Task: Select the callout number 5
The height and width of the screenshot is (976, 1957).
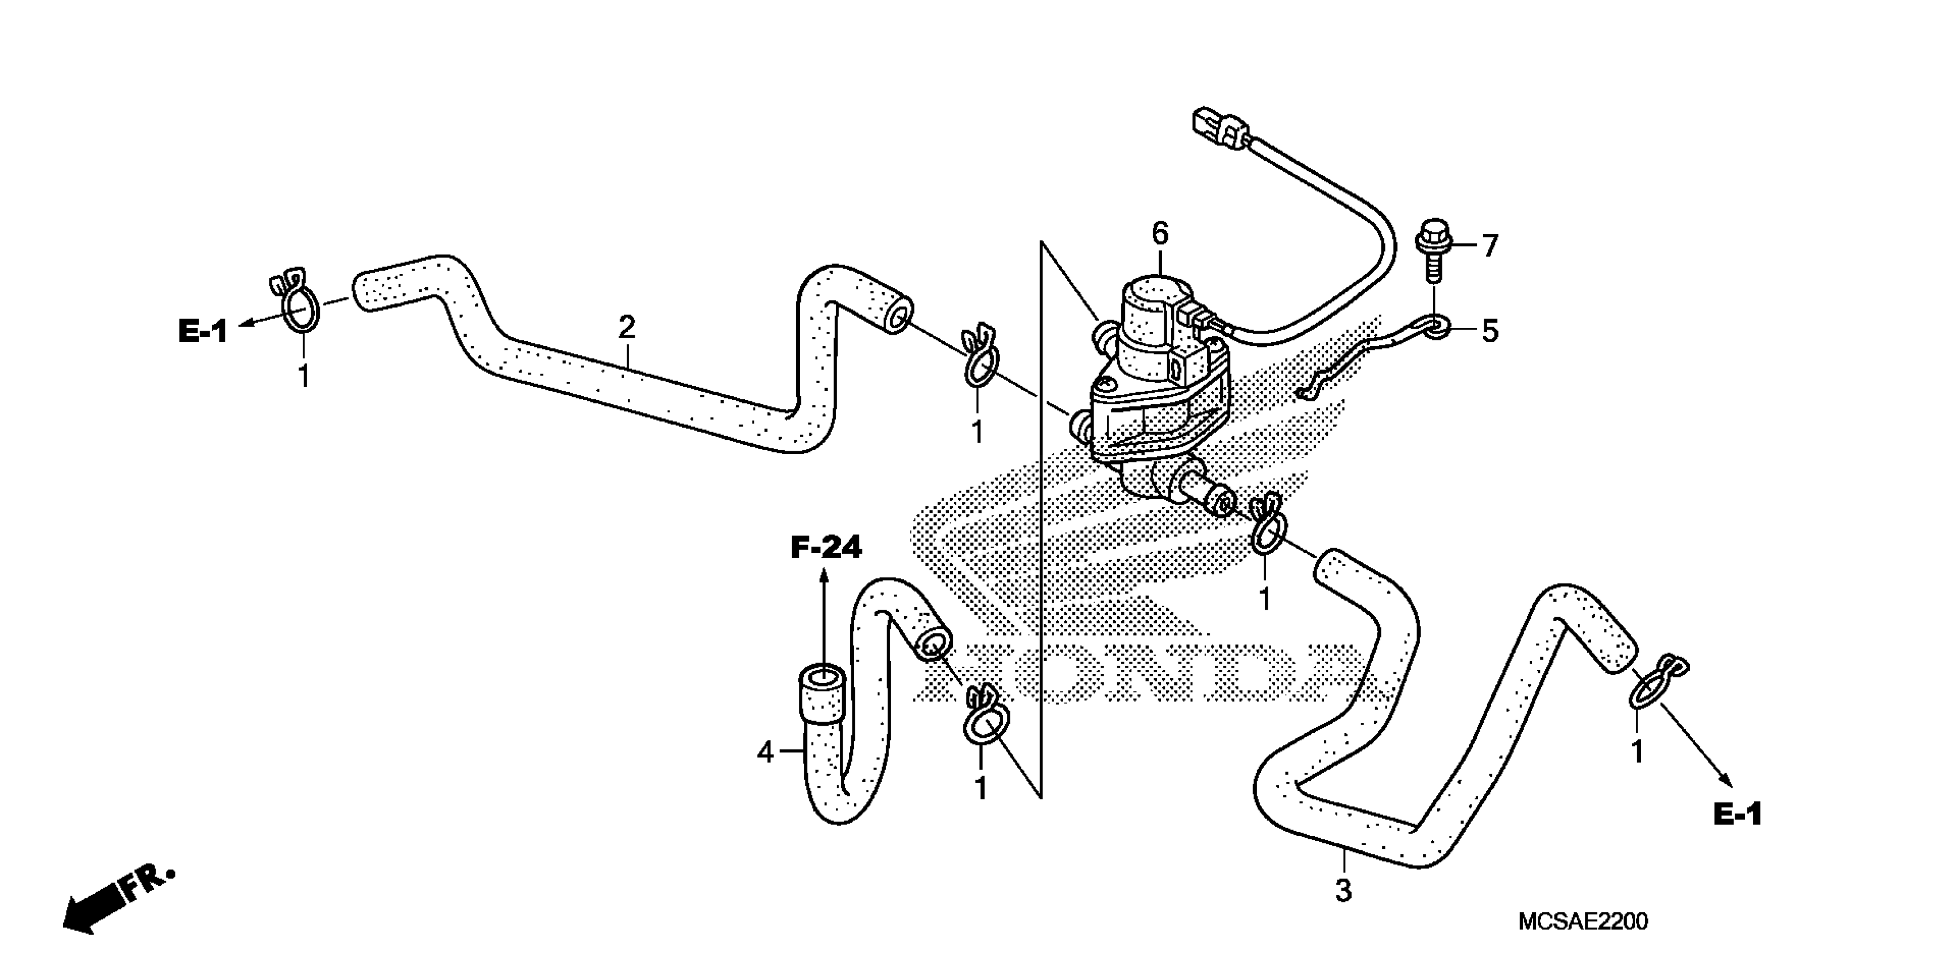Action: pyautogui.click(x=1490, y=331)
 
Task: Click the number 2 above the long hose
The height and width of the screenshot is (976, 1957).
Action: pyautogui.click(x=626, y=327)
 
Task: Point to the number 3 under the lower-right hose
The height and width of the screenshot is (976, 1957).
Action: pyautogui.click(x=1343, y=891)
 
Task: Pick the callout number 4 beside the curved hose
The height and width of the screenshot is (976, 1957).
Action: pyautogui.click(x=765, y=752)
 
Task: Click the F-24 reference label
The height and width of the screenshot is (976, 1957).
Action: pyautogui.click(x=826, y=547)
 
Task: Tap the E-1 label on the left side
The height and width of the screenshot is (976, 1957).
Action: pyautogui.click(x=202, y=331)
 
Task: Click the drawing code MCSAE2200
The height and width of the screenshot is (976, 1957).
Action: pyautogui.click(x=1582, y=922)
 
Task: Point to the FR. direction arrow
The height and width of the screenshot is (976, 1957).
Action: pyautogui.click(x=114, y=904)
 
